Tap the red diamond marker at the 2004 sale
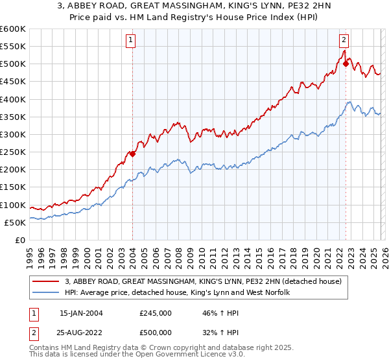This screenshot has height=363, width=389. [132, 154]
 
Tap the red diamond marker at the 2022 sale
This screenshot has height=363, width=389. [346, 64]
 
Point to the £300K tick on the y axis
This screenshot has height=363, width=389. [13, 134]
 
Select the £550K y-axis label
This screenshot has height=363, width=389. [13, 47]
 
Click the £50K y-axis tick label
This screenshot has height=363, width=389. [16, 222]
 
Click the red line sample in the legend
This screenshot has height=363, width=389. [46, 281]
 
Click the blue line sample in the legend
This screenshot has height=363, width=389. [46, 293]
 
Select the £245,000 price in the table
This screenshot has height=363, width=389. [155, 313]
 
